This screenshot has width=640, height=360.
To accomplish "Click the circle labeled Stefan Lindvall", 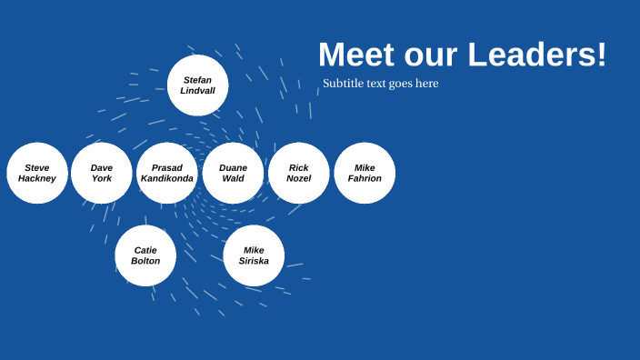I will click(x=197, y=85).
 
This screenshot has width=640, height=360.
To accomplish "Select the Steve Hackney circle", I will click(x=37, y=173).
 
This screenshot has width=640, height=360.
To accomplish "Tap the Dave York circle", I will click(x=102, y=173).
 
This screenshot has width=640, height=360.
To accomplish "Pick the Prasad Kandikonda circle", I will click(x=167, y=173).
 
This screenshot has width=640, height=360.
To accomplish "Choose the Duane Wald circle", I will click(x=233, y=173).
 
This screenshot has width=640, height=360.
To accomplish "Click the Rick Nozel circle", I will click(x=298, y=173).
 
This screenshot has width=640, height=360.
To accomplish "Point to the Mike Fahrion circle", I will click(x=365, y=173).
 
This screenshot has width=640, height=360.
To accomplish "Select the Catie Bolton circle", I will click(x=145, y=255).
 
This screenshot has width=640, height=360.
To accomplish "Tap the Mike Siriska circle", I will click(x=254, y=255).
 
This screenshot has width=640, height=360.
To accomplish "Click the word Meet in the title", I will click(x=357, y=55).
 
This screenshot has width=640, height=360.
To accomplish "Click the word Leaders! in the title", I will click(x=537, y=55).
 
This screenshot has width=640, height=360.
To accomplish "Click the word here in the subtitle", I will click(x=426, y=84).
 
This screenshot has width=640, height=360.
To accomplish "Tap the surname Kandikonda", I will click(x=167, y=179).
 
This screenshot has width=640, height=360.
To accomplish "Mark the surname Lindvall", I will click(x=197, y=91).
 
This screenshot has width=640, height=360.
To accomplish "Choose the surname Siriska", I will click(x=254, y=262).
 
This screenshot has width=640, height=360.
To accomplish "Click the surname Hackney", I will click(x=37, y=179).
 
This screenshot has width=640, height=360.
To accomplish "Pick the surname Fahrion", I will click(x=365, y=179).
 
